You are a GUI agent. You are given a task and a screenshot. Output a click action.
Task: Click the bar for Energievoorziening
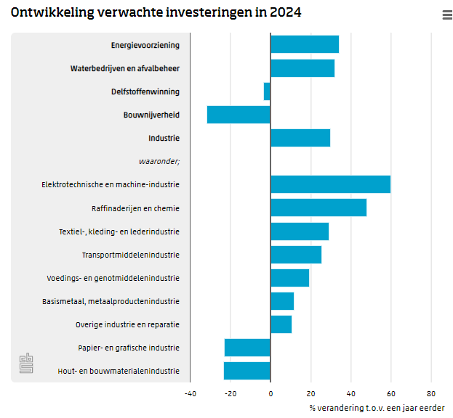point(304,44)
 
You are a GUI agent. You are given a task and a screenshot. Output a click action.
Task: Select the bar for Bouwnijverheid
point(238,115)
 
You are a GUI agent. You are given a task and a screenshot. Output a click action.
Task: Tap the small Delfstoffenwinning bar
point(267,91)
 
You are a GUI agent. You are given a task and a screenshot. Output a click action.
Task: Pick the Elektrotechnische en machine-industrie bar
point(330,184)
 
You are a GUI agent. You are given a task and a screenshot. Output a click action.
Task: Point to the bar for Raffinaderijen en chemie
point(318,208)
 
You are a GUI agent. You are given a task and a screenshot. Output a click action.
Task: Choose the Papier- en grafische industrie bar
point(247,348)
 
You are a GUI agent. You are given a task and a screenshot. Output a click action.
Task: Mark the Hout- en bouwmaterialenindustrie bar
point(246,371)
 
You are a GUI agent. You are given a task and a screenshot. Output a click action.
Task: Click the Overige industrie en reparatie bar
point(281,324)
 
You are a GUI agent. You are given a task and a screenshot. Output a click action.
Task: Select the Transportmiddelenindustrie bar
point(295,255)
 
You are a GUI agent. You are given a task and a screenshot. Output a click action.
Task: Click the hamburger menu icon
point(446,15)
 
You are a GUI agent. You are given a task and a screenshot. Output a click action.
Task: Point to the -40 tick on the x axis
point(190,394)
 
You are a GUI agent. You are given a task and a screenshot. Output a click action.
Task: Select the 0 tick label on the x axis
point(270,394)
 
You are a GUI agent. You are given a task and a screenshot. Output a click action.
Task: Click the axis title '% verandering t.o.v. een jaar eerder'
point(377,408)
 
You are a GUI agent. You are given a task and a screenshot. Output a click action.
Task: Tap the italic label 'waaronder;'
point(159,161)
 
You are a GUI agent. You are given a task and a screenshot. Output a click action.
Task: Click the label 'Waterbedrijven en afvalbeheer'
point(125,68)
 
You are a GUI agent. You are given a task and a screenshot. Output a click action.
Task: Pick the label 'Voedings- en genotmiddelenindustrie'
point(113,278)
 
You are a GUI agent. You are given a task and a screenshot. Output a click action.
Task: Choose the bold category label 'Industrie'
point(164,138)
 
